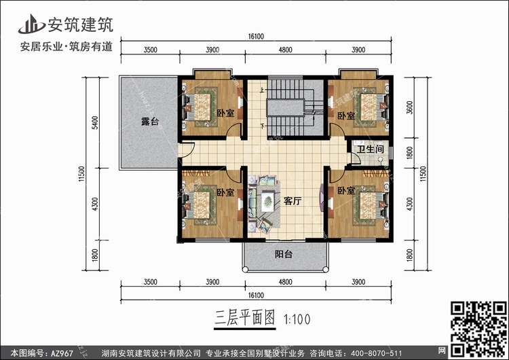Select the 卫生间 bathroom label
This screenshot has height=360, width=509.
click(x=371, y=149)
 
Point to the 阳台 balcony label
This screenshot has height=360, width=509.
click(x=284, y=255)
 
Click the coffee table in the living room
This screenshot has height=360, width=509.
click(x=267, y=201)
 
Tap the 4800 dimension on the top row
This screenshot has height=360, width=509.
click(x=285, y=50)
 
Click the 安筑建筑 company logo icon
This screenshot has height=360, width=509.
click(x=29, y=24)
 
